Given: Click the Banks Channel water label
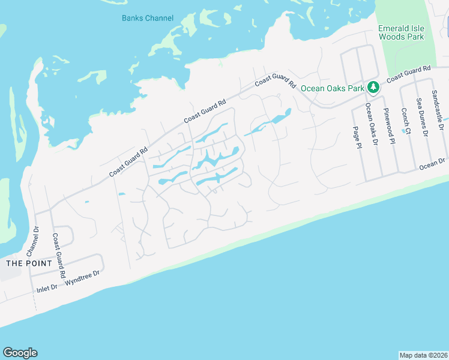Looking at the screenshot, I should click(148, 18).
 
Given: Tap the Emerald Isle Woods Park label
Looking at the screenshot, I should click(401, 32).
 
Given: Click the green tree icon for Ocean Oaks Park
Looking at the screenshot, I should click(373, 88).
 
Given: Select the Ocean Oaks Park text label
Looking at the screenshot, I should click(333, 88).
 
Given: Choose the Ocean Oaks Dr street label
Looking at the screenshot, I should click(373, 125).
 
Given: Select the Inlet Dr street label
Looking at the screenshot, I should click(46, 288).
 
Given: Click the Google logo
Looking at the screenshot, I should click(20, 353).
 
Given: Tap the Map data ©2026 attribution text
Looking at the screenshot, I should click(423, 355).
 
